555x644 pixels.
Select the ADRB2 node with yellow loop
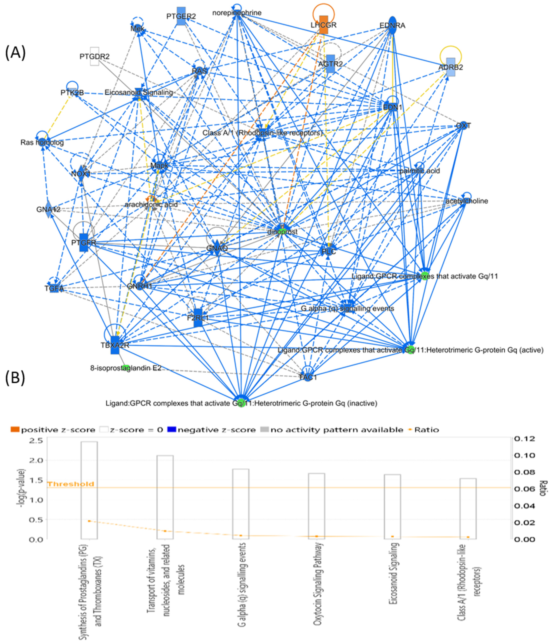[450, 67]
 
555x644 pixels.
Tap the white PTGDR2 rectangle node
[94, 56]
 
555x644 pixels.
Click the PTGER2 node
[181, 16]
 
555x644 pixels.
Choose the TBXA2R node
[115, 345]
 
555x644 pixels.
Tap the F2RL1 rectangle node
[198, 318]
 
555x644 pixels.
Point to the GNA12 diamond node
[48, 210]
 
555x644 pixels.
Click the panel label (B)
[15, 379]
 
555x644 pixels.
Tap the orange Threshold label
[70, 484]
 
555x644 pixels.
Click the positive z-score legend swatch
[15, 430]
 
